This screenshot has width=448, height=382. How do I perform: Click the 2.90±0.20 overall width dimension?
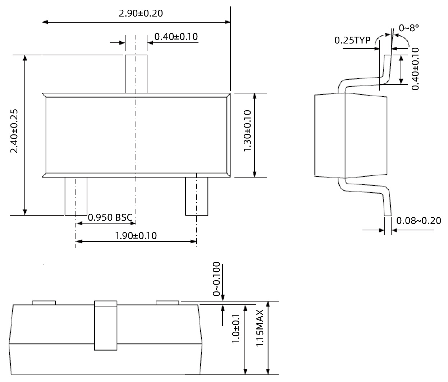[141, 14]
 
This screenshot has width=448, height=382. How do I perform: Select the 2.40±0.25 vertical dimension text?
[14, 131]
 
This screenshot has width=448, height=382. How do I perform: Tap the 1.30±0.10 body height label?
[247, 131]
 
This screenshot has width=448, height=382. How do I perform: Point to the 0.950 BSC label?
[110, 217]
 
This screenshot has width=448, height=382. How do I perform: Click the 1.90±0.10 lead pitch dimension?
[136, 236]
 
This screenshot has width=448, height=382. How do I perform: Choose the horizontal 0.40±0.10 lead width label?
[176, 37]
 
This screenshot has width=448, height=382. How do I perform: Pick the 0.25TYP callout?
[352, 40]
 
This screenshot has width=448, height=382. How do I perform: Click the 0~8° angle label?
[409, 28]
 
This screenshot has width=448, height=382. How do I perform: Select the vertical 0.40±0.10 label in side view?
[415, 69]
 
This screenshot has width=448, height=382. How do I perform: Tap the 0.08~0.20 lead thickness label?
[419, 221]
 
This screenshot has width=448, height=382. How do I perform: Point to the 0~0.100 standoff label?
[216, 279]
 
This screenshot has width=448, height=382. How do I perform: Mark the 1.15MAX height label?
[260, 328]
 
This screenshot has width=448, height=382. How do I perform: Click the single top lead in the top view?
[136, 74]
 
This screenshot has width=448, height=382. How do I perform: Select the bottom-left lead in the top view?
[76, 196]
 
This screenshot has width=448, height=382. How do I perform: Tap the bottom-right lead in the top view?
[196, 196]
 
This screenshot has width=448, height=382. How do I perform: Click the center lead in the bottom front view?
[106, 326]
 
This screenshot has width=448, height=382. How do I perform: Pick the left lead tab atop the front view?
[44, 303]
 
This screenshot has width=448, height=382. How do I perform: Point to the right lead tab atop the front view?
[167, 303]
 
